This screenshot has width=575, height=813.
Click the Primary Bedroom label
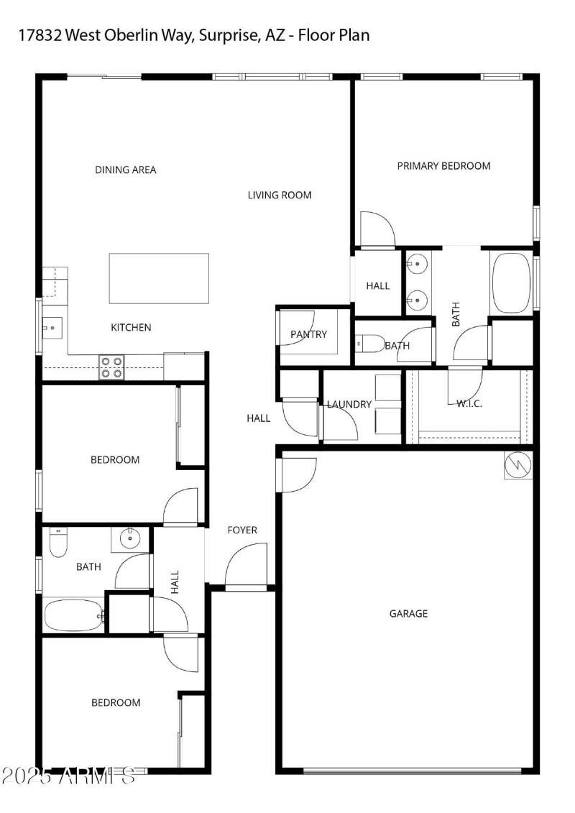[x=443, y=166]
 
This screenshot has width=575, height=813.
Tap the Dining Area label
[x=126, y=170]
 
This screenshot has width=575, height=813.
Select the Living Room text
[x=280, y=195]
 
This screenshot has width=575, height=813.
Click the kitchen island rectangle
[x=159, y=278]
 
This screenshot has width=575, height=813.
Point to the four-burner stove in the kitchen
[x=111, y=367]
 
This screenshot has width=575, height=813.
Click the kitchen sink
[x=52, y=328]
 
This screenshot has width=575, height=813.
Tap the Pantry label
[x=308, y=334]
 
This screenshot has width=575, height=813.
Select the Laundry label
[x=349, y=405]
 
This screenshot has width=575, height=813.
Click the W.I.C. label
[x=469, y=404]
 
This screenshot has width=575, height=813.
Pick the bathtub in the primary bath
[x=512, y=283]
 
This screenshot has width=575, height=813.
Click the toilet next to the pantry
[x=368, y=344]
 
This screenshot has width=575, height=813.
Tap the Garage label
[x=408, y=614]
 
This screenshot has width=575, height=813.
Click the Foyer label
[x=242, y=530]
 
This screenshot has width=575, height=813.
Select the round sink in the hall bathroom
[x=130, y=537]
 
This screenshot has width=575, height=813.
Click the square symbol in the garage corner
[x=518, y=465]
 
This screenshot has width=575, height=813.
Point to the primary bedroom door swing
[x=375, y=229]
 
